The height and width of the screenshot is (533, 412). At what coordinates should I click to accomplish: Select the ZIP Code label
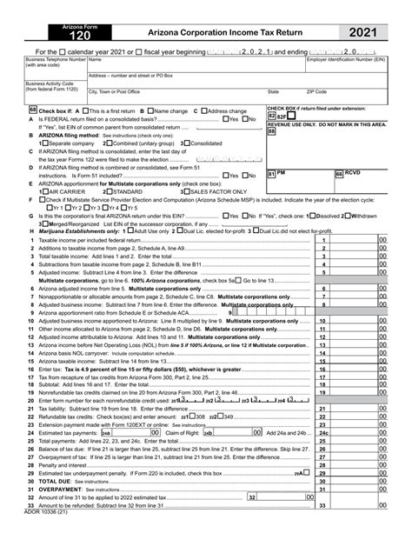(x=316, y=90)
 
